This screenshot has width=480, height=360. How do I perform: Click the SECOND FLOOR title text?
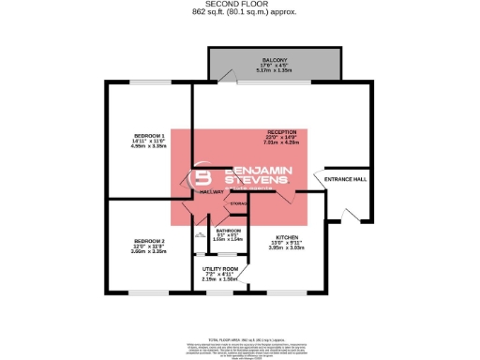pos(239,5)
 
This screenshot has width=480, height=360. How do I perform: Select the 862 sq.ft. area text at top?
pos(239,12)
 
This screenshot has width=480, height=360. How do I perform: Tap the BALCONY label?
pos(275,59)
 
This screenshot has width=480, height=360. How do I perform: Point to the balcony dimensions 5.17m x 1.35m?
pos(275,70)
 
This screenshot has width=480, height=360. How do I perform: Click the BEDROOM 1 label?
pos(149,135)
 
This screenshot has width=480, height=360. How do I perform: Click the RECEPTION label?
pos(282,132)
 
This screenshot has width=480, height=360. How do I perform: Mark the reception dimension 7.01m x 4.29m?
pos(282,143)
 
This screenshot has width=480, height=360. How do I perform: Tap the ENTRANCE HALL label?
pos(345,179)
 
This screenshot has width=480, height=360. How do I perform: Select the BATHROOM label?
pos(229,230)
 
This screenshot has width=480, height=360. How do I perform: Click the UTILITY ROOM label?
pos(221,268)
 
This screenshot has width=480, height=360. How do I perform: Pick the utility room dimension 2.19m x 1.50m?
pos(221,279)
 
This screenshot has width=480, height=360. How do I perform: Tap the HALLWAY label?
pos(211,191)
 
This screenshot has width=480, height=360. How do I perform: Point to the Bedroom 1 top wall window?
pos(149,83)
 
